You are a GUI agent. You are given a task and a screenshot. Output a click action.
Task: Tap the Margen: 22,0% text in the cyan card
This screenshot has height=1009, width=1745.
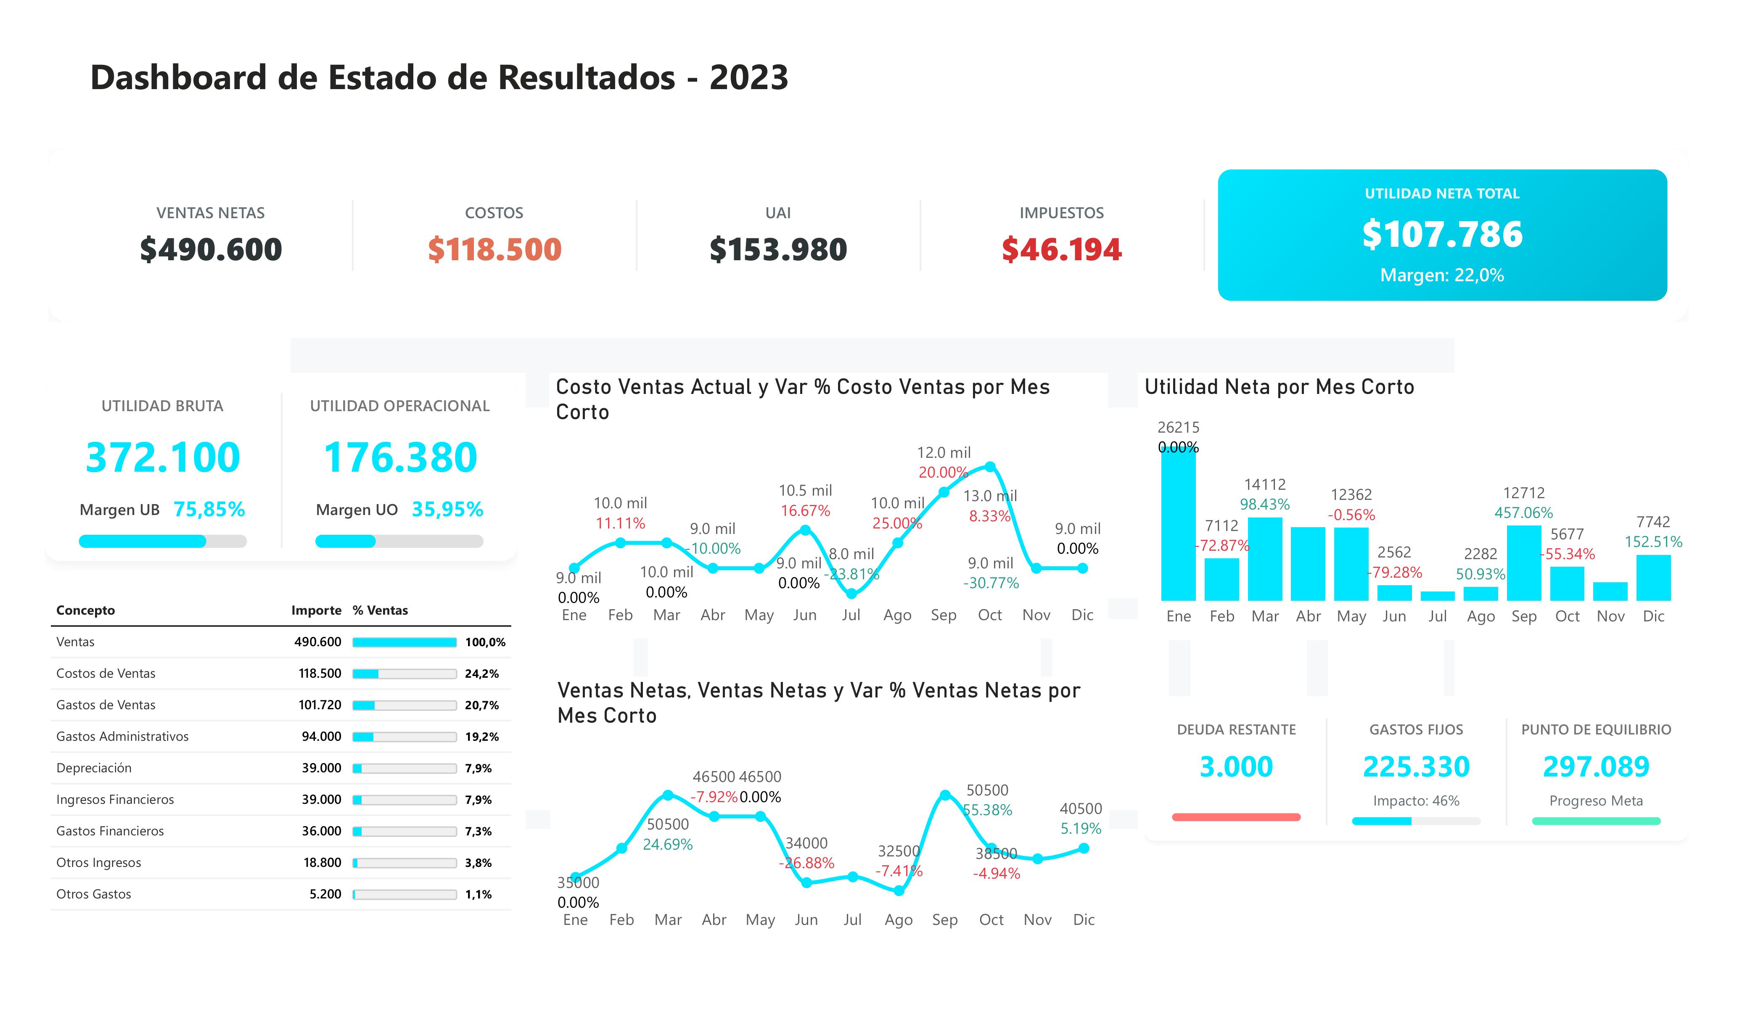pos(1442,276)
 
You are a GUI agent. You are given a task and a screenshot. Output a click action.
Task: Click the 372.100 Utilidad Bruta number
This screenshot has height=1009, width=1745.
pos(163,458)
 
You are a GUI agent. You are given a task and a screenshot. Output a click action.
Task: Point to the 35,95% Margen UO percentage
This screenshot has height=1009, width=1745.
pos(447,510)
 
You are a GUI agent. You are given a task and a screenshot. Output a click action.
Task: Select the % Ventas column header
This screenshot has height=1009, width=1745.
pos(380,610)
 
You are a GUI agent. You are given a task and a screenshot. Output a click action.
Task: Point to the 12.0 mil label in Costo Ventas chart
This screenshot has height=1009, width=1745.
pos(944,453)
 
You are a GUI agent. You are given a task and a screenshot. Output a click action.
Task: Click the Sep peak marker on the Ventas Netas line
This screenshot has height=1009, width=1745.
pos(944,795)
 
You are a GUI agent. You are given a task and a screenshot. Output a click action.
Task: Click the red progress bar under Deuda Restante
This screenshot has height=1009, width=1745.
pos(1236,817)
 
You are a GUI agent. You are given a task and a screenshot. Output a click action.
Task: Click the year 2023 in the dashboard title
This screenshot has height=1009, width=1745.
pos(748,77)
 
